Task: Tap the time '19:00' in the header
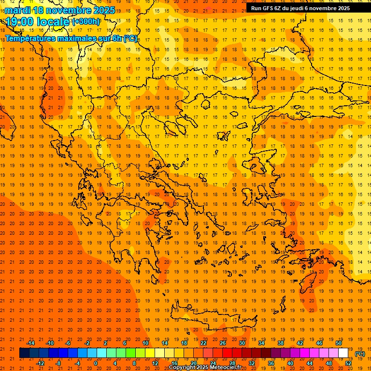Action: pyautogui.click(x=20, y=22)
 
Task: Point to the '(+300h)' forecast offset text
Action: pyautogui.click(x=86, y=21)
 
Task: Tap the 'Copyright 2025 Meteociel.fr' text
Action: pyautogui.click(x=205, y=368)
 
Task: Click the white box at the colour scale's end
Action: pyautogui.click(x=343, y=353)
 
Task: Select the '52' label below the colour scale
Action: pyautogui.click(x=348, y=363)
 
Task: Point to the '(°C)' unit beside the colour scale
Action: pyautogui.click(x=360, y=353)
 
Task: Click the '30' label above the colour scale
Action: pyautogui.click(x=242, y=343)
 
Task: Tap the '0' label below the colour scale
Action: pyautogui.click(x=96, y=363)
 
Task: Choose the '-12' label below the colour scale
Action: pyautogui.click(x=40, y=363)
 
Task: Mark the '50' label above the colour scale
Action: pyautogui.click(x=339, y=343)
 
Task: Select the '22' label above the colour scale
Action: pyautogui.click(x=203, y=343)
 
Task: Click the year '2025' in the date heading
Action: pyautogui.click(x=103, y=10)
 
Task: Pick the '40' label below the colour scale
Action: pyautogui.click(x=290, y=363)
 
